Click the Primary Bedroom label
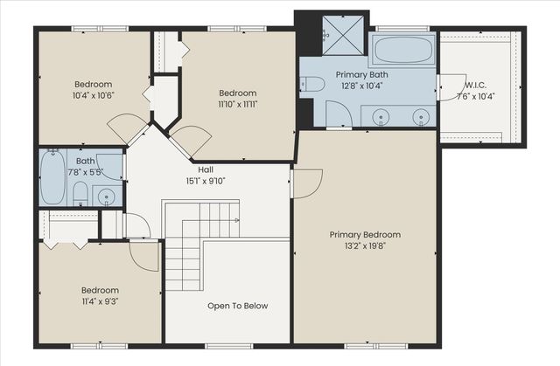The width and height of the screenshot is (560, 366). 365,234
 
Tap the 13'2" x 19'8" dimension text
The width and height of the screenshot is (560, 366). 365,246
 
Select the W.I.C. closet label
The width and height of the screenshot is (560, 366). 476,86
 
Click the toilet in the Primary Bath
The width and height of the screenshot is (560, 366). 312,85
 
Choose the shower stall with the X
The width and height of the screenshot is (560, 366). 343,35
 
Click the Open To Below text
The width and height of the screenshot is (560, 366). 238,306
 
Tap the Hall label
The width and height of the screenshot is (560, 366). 206,169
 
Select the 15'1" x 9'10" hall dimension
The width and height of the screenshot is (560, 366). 206,181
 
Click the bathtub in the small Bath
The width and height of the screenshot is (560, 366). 52,176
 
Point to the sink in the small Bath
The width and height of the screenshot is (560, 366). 107,197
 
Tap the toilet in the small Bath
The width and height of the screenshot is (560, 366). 80,194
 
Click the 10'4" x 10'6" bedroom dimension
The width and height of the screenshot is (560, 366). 94,95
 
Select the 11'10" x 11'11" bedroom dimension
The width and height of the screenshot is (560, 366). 238,105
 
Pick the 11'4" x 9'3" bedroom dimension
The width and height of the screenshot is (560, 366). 100,301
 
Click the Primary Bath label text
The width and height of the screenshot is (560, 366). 361,75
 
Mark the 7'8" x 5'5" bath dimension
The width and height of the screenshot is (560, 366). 86,172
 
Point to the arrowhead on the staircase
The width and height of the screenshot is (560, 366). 236,221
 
